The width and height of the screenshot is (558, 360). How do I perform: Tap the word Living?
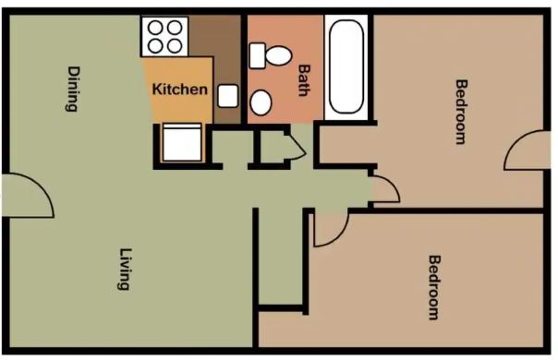pyautogui.click(x=123, y=269)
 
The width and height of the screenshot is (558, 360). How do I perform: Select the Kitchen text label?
pyautogui.click(x=180, y=90)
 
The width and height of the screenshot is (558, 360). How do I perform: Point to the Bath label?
pyautogui.click(x=304, y=79)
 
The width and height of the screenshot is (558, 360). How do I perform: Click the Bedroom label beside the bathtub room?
pyautogui.click(x=459, y=112)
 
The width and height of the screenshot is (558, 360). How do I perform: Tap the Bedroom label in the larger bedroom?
pyautogui.click(x=433, y=287)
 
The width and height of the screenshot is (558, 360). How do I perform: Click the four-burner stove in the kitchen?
pyautogui.click(x=164, y=35)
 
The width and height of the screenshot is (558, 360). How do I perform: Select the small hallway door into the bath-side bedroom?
pyautogui.click(x=384, y=189)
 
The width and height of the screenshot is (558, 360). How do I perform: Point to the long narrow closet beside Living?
pyautogui.click(x=281, y=258)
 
